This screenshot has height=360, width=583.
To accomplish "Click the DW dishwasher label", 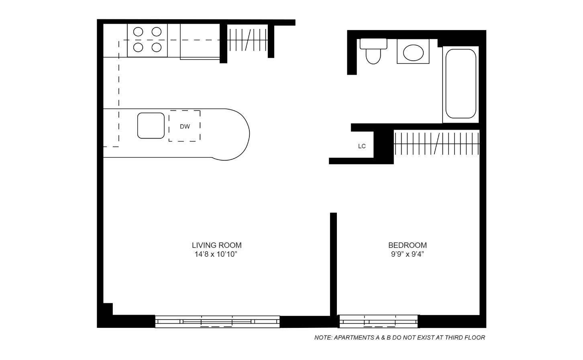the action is pos(185,127).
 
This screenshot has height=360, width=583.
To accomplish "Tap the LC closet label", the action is pos(362,146).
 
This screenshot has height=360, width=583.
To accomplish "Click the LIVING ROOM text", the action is pos(216,245).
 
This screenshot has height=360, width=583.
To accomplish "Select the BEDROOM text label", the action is pos(407,245).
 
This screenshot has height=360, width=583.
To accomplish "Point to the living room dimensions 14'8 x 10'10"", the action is pos(216,254).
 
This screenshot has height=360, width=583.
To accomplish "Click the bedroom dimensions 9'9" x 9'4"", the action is pos(407,254).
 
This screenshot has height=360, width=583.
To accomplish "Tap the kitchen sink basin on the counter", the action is pos(151,125).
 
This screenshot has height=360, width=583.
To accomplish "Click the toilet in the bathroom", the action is pos(373,51).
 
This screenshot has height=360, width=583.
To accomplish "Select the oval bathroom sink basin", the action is pos(413,53).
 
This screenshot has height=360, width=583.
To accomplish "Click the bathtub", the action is pos(461,84).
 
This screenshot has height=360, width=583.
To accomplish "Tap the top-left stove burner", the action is pos(138,32).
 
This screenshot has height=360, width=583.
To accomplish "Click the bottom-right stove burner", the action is pos(157,47).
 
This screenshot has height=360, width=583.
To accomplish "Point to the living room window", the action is pos(217,322).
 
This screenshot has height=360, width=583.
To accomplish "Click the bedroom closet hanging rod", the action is pos(437,144).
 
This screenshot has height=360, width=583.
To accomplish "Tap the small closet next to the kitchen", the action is pos(247,40).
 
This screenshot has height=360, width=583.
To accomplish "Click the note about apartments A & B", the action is pos(400,337).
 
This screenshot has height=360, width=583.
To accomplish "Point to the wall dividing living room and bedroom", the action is pos(333,264).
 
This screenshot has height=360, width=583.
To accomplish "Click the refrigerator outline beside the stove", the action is pos(200,42).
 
